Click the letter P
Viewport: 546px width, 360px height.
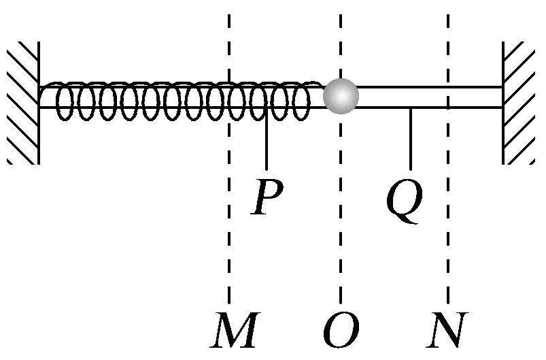[266, 198]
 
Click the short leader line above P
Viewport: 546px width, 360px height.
[266, 143]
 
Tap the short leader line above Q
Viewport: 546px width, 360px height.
[410, 140]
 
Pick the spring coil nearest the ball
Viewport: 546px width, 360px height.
[301, 101]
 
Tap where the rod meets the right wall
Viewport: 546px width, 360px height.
[502, 97]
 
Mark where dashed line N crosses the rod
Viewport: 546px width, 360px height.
[448, 97]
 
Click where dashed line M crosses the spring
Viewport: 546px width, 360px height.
[230, 99]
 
